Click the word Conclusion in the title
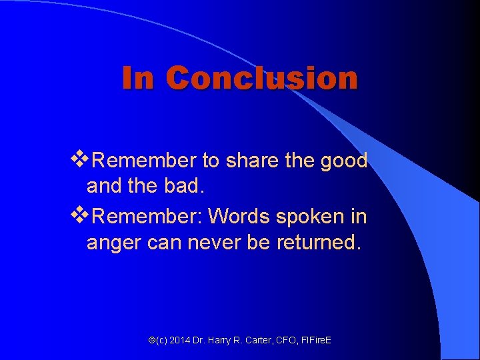tap(262, 78)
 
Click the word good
tap(343, 161)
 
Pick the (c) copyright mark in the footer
tap(161, 341)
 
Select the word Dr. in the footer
tap(200, 341)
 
